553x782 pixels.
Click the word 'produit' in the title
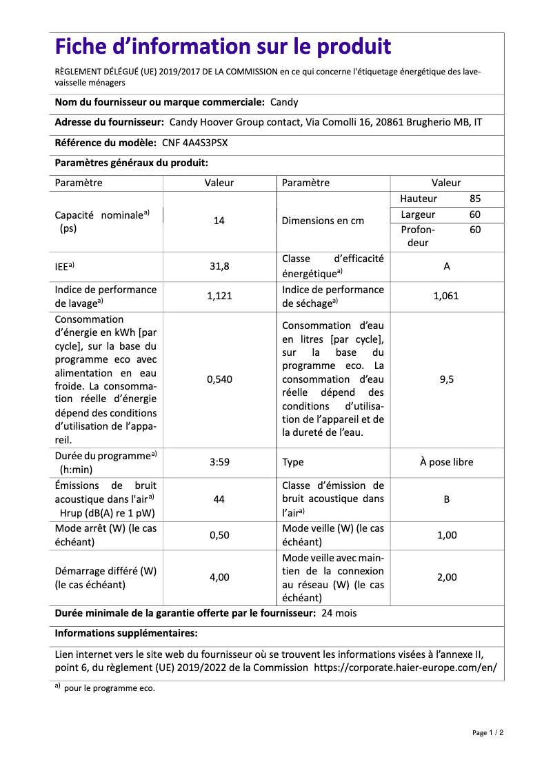point(354,47)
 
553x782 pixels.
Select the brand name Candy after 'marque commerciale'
point(284,102)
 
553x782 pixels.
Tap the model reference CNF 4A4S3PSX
point(195,143)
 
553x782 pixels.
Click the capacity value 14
point(219,221)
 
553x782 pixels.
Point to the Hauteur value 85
point(475,199)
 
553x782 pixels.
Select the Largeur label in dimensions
point(418,214)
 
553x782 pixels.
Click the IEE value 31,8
point(219,266)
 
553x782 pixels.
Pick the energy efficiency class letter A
point(447,266)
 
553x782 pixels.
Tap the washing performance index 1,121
point(219,296)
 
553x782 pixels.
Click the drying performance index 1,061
point(447,296)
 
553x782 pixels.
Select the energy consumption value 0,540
point(219,379)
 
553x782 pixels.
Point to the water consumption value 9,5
point(447,379)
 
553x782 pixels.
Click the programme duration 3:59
point(219,462)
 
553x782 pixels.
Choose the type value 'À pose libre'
point(447,462)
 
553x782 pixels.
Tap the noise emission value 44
point(219,499)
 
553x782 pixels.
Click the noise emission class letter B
point(447,499)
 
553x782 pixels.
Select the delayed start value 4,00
point(219,577)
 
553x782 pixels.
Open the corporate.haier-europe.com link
point(405,668)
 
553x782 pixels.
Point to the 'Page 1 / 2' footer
point(487,733)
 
